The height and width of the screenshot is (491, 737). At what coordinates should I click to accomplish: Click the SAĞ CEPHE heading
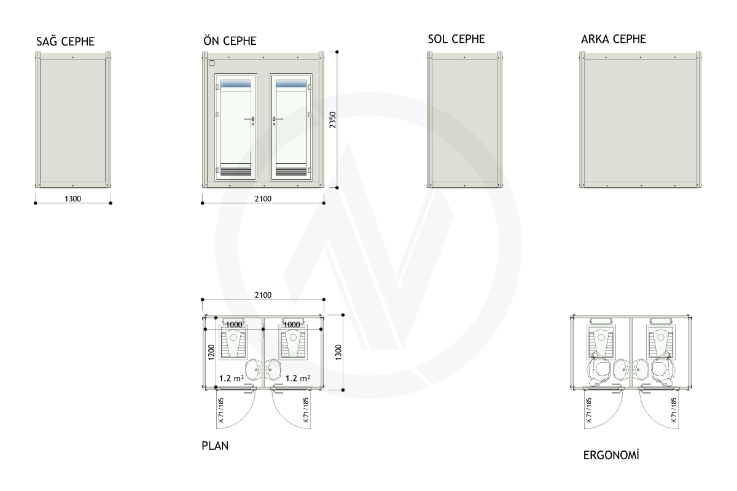coord(66,41)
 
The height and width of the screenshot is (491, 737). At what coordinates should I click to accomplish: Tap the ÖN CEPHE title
coord(230,41)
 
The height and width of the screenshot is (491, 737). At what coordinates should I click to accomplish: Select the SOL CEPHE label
coord(456,39)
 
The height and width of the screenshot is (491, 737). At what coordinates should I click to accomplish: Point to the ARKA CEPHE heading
coord(614,39)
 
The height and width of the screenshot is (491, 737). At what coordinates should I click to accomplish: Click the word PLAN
coord(215,446)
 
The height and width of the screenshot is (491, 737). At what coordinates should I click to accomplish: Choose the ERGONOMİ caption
coord(611,455)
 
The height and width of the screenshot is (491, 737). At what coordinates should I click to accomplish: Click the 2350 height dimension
coord(333,120)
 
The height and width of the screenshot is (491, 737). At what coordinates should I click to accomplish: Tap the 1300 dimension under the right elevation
coord(72,199)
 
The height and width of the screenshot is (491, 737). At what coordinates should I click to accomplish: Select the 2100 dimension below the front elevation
coord(263,199)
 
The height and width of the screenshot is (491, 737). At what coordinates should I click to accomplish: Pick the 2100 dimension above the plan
coord(263,295)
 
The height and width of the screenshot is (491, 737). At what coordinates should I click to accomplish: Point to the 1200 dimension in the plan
coord(211,352)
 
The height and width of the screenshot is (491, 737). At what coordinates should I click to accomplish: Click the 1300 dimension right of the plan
coord(338,352)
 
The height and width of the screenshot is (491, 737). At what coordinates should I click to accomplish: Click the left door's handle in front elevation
coord(249,120)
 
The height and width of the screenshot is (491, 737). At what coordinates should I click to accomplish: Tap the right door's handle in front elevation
coord(278,120)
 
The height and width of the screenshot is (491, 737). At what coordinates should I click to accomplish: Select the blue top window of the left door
coord(236,83)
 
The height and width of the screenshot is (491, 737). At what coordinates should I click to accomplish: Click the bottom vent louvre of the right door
coord(291,171)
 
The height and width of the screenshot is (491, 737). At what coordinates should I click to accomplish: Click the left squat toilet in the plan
coord(233,342)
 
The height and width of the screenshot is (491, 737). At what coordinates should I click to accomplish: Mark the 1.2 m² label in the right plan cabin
coord(297,378)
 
